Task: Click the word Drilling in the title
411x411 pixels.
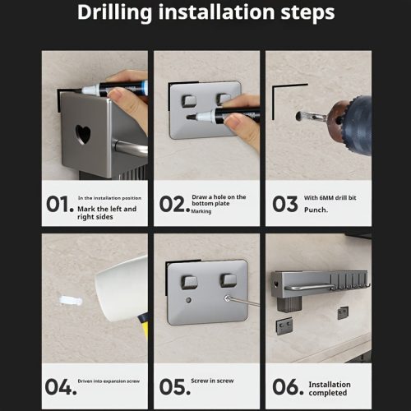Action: [x=114, y=13]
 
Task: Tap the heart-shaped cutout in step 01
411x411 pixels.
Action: [x=83, y=134]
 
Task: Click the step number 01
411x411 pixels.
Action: [x=60, y=204]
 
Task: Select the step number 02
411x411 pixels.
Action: [x=174, y=204]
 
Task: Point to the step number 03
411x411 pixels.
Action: [x=285, y=204]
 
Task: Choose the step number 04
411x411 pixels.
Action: [x=61, y=387]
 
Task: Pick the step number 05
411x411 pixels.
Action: [x=175, y=387]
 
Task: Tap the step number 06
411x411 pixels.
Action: [x=288, y=387]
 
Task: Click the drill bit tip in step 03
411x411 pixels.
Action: [x=299, y=116]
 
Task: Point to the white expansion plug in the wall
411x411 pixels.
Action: [x=71, y=301]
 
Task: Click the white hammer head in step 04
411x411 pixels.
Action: [x=122, y=289]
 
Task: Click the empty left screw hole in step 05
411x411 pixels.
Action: [x=188, y=300]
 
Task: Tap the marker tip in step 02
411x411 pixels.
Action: [x=192, y=118]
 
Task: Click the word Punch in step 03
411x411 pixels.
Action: [x=315, y=210]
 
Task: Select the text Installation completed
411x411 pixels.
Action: [x=330, y=389]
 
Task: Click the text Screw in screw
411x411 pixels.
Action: [x=212, y=381]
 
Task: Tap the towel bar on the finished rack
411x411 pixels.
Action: [x=310, y=287]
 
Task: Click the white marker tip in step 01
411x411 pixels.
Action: [x=88, y=90]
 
